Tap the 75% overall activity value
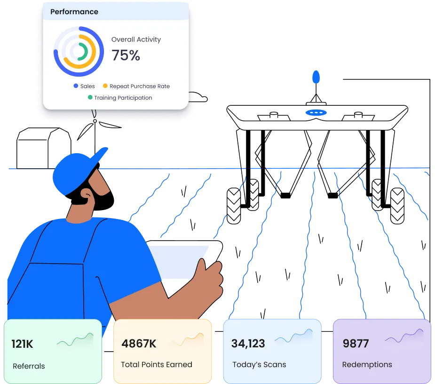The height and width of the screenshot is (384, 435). pyautogui.click(x=126, y=55)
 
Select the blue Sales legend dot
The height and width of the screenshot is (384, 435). pyautogui.click(x=76, y=86)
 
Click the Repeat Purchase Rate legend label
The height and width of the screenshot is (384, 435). pyautogui.click(x=139, y=86)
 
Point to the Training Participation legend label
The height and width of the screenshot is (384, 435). pyautogui.click(x=123, y=98)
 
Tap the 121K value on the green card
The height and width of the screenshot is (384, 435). pyautogui.click(x=23, y=344)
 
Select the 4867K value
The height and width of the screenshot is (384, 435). pyautogui.click(x=139, y=344)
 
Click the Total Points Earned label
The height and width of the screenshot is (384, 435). pyautogui.click(x=156, y=364)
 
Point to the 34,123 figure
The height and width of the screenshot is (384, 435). pyautogui.click(x=248, y=344)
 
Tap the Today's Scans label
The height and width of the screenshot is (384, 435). pyautogui.click(x=259, y=364)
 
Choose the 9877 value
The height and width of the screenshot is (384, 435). pyautogui.click(x=356, y=344)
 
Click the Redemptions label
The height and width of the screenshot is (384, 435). pyautogui.click(x=367, y=364)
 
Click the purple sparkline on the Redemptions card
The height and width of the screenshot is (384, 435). pyautogui.click(x=403, y=337)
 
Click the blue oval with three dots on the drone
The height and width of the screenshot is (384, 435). pyautogui.click(x=316, y=113)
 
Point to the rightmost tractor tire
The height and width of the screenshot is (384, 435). pyautogui.click(x=397, y=206)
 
